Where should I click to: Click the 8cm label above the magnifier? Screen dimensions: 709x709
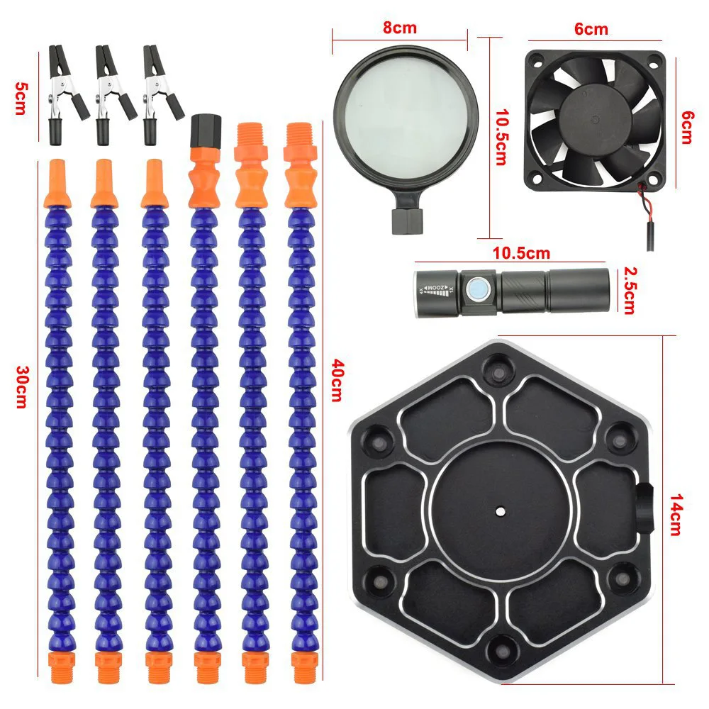(400, 28)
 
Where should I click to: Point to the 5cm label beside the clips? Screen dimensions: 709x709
(21, 98)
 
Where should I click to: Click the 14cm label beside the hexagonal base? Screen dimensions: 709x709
(676, 515)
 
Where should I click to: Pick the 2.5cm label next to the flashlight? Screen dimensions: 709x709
(629, 290)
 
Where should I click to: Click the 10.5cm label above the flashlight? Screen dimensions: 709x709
(521, 253)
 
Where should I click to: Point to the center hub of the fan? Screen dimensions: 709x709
(596, 118)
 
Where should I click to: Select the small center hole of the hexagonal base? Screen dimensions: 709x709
(500, 511)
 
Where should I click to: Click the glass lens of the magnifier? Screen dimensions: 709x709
(406, 118)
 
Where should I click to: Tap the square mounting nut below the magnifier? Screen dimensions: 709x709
(407, 220)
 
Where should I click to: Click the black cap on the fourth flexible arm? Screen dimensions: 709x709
(206, 130)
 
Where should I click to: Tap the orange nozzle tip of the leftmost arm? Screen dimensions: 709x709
(57, 184)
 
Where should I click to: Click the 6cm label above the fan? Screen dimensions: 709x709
(591, 29)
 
